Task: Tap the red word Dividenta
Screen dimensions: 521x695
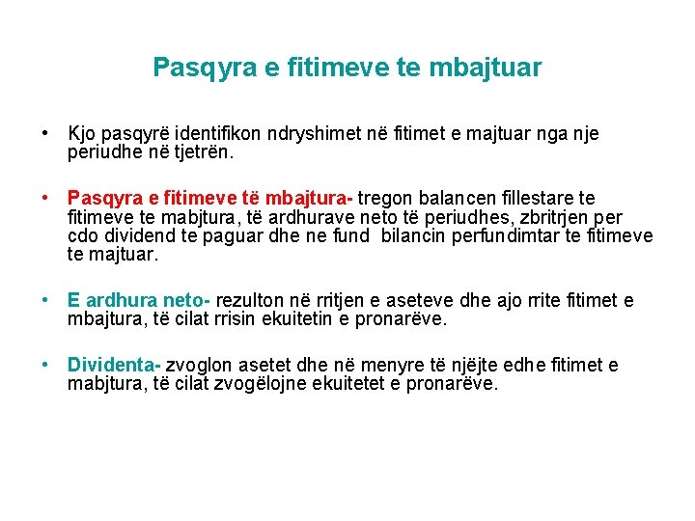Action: click(112, 365)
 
